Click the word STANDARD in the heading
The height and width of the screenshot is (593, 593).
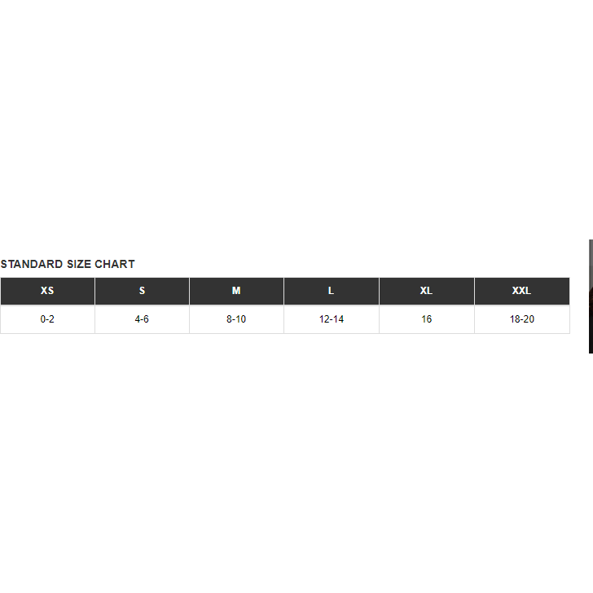(x=32, y=264)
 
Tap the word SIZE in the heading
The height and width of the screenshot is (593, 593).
(x=79, y=264)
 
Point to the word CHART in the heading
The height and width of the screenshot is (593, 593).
(x=115, y=264)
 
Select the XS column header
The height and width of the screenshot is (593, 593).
(x=47, y=291)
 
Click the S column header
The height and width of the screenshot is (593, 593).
(x=143, y=291)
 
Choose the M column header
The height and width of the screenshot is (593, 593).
(x=236, y=291)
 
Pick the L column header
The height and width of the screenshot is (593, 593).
(x=332, y=291)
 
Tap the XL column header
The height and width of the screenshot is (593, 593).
(x=427, y=291)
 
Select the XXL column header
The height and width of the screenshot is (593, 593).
(x=522, y=291)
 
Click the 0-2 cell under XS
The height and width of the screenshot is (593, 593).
(x=47, y=319)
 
